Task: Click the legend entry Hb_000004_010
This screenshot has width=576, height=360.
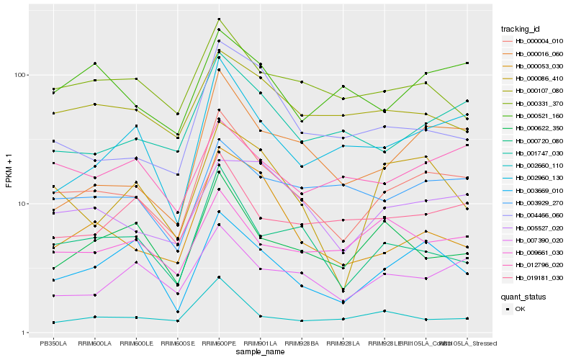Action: [x=532, y=42]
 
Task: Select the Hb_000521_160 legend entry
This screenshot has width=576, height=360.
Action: [x=532, y=116]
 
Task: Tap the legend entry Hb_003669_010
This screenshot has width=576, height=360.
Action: [x=532, y=191]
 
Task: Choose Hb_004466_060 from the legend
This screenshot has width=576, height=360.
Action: [x=532, y=215]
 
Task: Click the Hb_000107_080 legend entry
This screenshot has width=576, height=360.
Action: [x=532, y=91]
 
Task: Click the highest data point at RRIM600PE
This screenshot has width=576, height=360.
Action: [x=219, y=19]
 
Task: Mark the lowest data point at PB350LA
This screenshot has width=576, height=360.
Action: [x=53, y=323]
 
